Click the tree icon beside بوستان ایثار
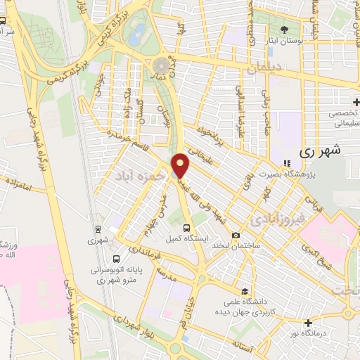coord(284,30)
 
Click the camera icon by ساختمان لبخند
coord(236,235)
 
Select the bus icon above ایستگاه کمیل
coord(187,228)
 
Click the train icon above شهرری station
coord(98,229)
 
